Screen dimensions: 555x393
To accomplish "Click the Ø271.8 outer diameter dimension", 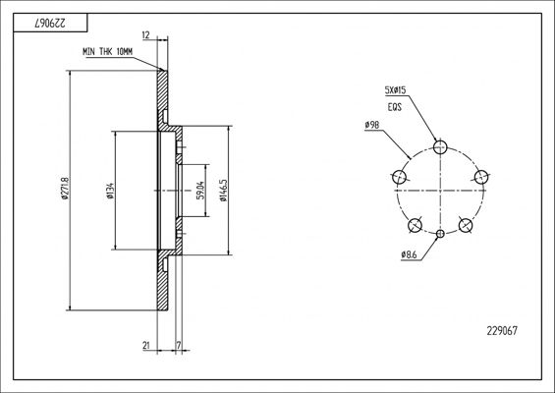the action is click(64, 188).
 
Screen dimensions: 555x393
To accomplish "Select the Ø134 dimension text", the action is click(110, 191).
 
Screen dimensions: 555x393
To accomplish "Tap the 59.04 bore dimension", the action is click(200, 191).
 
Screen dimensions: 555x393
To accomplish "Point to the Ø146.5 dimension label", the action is click(223, 191).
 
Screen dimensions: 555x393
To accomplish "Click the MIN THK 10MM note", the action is click(108, 52).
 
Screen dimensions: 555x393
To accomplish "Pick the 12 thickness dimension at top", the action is click(145, 35).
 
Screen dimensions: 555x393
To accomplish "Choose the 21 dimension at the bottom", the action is click(146, 345).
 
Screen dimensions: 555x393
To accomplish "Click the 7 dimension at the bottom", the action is click(179, 345).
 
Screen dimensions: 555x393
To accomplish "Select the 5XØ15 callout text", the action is click(395, 90).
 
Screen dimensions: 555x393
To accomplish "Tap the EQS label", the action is click(395, 106).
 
